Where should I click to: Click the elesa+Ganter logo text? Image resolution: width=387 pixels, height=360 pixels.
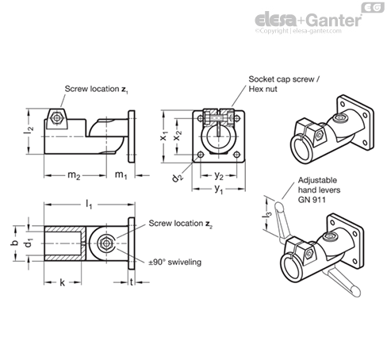coord(308,20)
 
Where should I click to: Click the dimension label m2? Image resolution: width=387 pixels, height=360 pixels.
coord(74,175)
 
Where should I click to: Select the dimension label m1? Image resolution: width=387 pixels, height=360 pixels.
coord(121,175)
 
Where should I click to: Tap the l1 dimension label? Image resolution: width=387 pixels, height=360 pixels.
coord(89,205)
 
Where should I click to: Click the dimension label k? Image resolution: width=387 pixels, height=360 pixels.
coord(62,282)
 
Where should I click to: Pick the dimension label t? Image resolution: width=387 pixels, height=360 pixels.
coord(132,282)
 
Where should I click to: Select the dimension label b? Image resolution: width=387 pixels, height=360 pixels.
coord(14,243)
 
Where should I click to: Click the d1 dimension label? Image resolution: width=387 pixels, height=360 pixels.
coord(29,243)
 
